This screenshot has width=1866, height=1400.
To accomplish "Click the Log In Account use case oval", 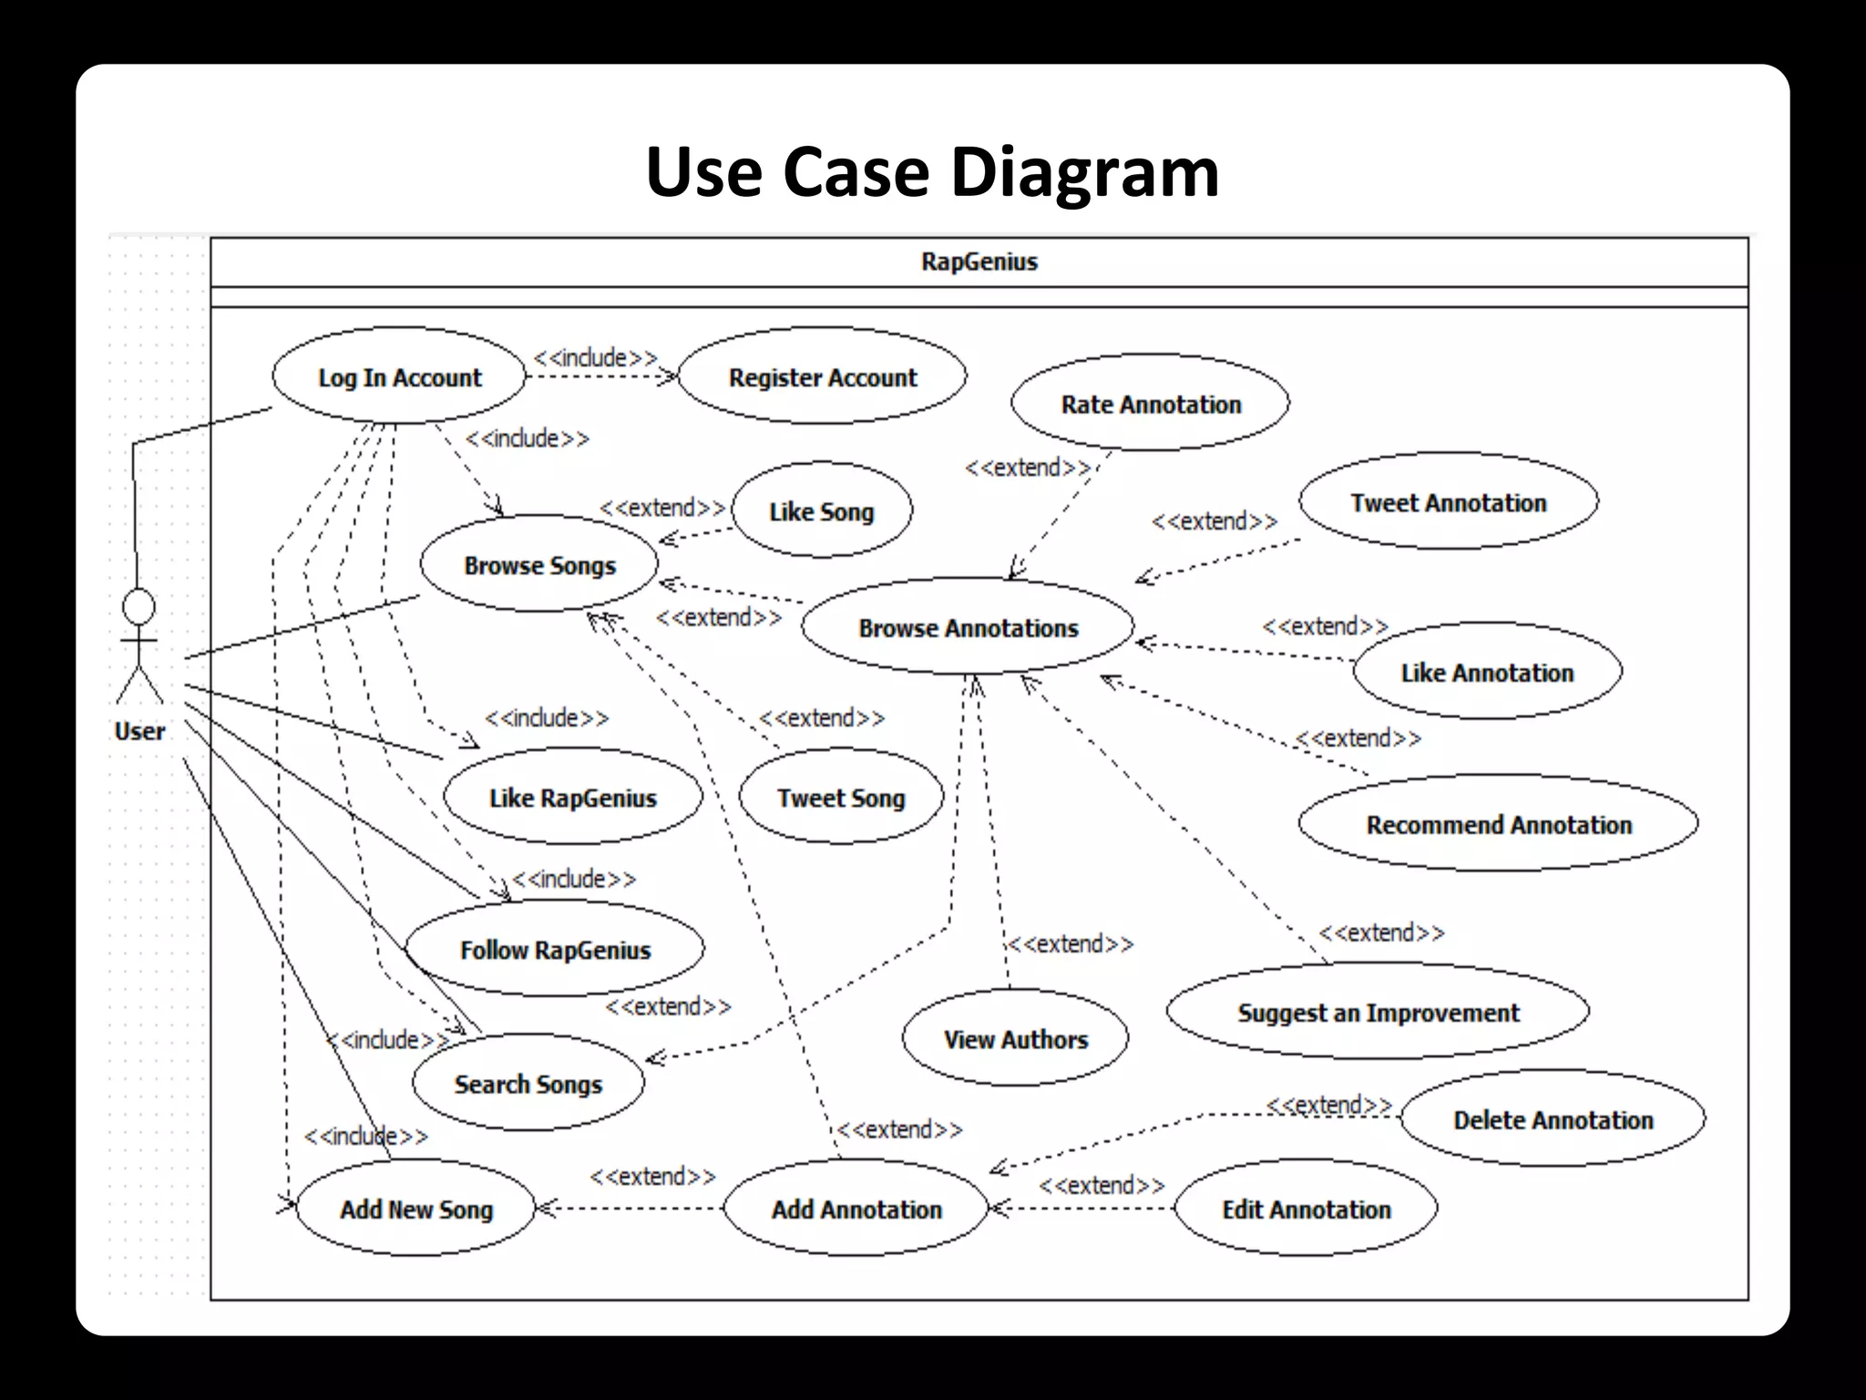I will tap(399, 376).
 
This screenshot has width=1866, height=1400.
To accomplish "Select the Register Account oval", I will tap(822, 376).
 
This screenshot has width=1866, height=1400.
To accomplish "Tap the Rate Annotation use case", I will tap(1150, 403).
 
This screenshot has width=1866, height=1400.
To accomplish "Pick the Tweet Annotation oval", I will tap(1448, 502).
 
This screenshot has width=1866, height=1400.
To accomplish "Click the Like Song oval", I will tap(821, 510).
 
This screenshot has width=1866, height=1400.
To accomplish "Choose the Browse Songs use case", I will tap(539, 564).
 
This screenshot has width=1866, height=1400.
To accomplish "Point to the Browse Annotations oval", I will tap(968, 627).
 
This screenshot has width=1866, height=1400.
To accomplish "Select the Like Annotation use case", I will tap(1487, 672).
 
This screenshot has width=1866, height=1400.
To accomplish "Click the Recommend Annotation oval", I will tap(1498, 824).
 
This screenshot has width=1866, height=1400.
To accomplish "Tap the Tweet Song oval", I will tap(840, 798).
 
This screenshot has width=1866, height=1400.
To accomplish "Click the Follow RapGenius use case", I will tap(555, 949).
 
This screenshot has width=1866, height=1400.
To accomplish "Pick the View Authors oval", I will tap(1015, 1038).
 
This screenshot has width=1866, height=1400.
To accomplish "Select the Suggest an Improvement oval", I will tap(1378, 1012).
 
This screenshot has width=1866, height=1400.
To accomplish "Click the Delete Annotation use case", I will tap(1553, 1118).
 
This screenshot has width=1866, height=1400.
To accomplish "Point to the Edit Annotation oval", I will tap(1306, 1209).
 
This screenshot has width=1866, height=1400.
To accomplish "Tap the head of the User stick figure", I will tap(139, 606).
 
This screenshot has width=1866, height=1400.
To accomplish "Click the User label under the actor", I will tap(139, 731).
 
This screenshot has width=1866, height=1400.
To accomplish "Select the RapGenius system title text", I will tap(979, 262).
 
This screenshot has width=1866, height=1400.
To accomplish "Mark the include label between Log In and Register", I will tap(596, 357).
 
